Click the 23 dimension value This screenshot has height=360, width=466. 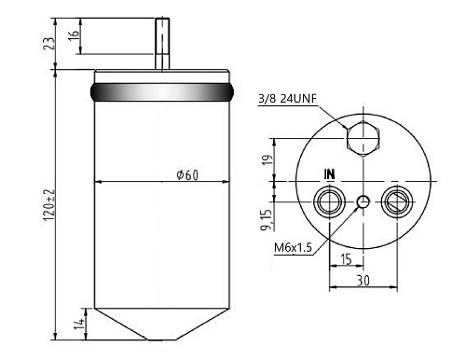[x=48, y=44]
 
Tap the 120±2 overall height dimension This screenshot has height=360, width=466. [x=49, y=205]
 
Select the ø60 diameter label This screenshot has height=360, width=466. [x=187, y=175]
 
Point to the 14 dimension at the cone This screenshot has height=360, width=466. [x=79, y=325]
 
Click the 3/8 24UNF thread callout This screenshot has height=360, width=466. [x=287, y=99]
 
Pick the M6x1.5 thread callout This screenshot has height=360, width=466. [x=293, y=248]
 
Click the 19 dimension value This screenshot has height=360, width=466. [x=267, y=159]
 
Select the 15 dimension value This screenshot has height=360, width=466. [x=346, y=258]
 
